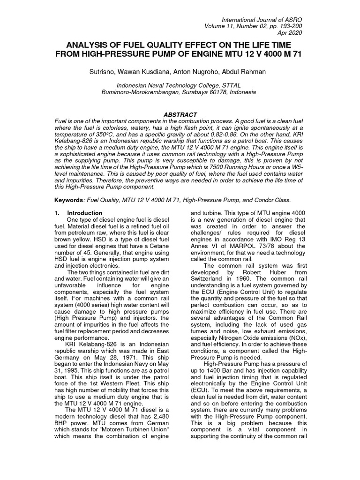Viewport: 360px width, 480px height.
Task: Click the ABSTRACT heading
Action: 180,115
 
